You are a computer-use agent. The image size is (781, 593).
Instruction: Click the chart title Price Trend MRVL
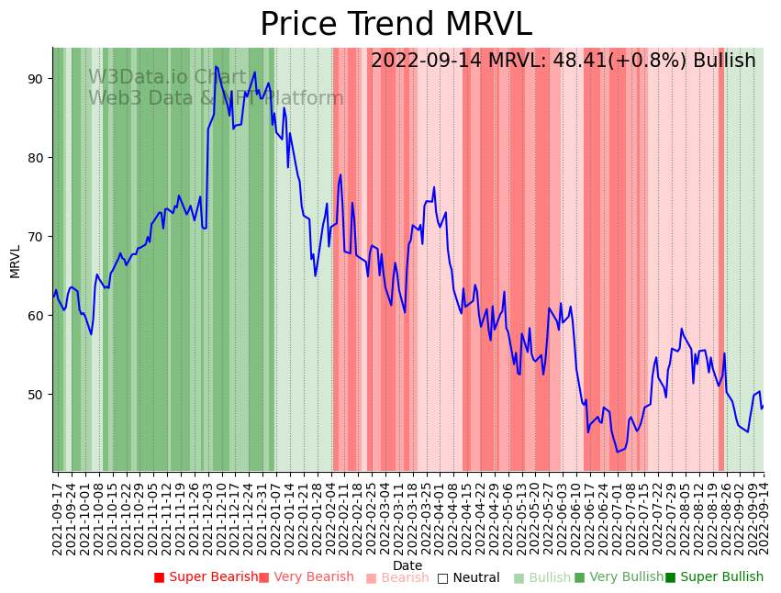(396, 24)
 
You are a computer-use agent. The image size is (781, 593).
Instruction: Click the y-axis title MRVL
(16, 261)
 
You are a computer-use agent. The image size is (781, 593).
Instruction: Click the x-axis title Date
(407, 565)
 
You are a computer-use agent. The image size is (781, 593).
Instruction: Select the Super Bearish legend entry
(206, 577)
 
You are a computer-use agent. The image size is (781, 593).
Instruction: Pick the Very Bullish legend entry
(619, 577)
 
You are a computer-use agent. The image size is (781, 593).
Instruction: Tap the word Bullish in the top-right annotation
(724, 61)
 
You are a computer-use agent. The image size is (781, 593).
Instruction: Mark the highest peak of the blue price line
(216, 67)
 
